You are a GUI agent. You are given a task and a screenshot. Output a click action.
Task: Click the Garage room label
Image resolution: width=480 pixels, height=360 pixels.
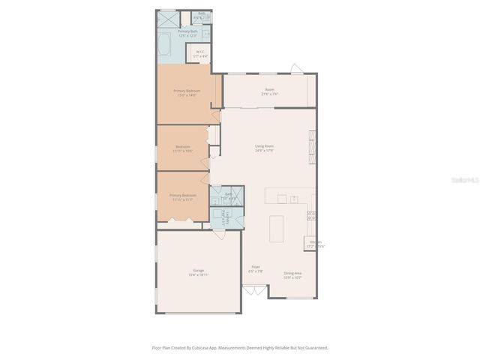tap(198, 272)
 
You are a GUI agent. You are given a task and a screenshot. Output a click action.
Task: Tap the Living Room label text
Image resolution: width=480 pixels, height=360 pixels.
tap(264, 148)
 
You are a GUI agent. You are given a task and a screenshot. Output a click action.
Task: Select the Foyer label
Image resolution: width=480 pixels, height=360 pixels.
tap(256, 268)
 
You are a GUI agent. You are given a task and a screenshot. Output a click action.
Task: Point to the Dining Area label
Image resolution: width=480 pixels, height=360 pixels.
tap(292, 275)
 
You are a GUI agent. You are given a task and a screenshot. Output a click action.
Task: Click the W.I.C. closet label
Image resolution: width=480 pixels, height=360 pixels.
tap(200, 54)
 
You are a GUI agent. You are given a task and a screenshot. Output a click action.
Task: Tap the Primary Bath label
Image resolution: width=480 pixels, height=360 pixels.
tap(187, 33)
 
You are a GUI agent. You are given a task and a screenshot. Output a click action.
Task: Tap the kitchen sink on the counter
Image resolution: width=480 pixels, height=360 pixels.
tap(295, 199)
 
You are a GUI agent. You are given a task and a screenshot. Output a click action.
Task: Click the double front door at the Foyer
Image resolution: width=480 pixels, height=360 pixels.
tap(255, 290)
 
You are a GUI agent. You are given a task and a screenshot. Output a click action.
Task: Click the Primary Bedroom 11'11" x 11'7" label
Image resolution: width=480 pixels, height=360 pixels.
tap(184, 197)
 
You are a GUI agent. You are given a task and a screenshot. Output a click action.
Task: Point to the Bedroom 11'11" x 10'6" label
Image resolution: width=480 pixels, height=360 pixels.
tap(183, 148)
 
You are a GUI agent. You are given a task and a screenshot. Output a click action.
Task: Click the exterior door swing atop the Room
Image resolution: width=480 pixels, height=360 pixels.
tap(297, 69)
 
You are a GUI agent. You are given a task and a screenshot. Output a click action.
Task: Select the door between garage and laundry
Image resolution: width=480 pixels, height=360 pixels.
tap(218, 234)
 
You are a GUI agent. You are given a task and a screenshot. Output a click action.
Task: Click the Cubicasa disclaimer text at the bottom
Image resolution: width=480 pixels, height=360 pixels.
tap(240, 348)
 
